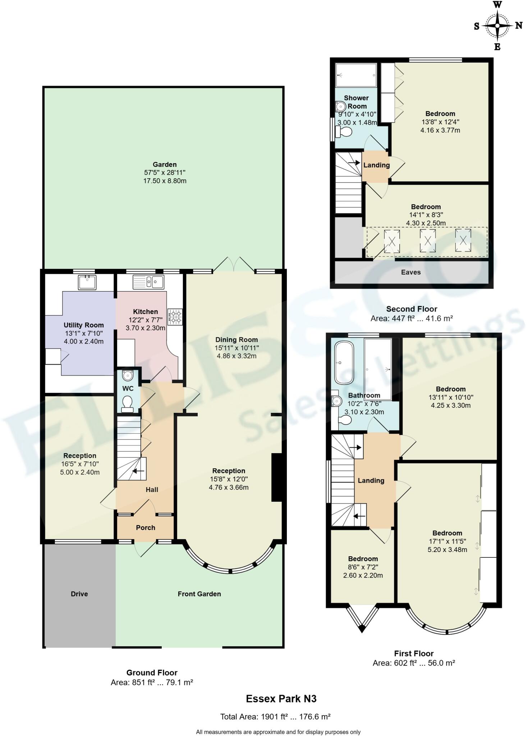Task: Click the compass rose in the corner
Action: click(x=497, y=26)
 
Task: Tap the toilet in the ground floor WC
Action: click(x=127, y=404)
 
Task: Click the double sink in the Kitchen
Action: click(x=148, y=282)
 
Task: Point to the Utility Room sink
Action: click(x=87, y=282)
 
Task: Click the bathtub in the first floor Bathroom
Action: click(x=344, y=363)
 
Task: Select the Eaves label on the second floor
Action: click(x=410, y=272)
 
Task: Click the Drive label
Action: click(x=79, y=594)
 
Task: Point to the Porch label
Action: click(x=146, y=528)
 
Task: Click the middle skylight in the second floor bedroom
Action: click(x=427, y=241)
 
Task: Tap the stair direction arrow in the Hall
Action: click(x=138, y=471)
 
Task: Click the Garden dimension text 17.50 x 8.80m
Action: click(x=165, y=181)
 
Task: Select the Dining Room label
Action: click(x=237, y=340)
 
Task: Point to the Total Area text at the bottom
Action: click(x=275, y=717)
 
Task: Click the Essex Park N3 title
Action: click(x=281, y=699)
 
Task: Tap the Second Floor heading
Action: click(x=412, y=309)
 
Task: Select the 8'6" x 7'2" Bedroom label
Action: click(x=363, y=559)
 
